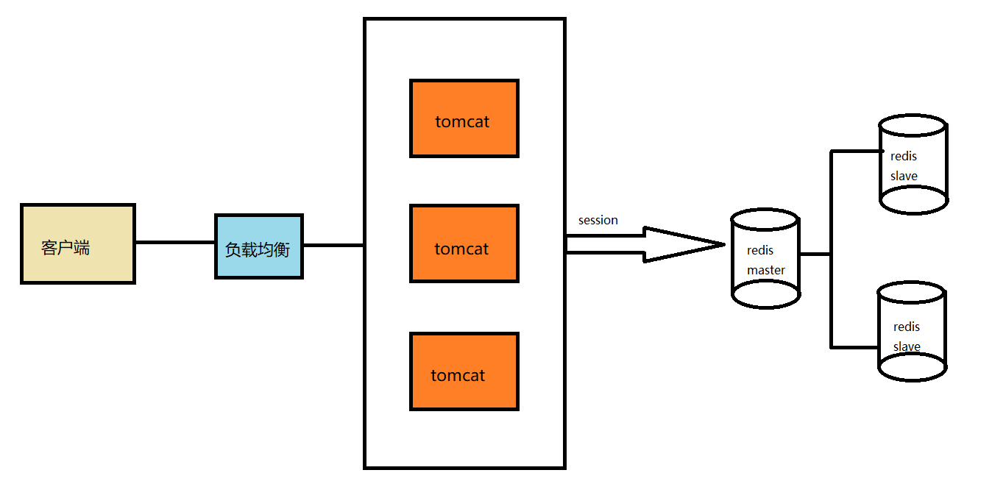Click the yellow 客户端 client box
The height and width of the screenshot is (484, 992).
[77, 243]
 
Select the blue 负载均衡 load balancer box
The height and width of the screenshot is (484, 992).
[258, 246]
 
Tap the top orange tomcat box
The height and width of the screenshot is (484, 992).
[464, 118]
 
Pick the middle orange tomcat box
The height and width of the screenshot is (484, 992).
[464, 243]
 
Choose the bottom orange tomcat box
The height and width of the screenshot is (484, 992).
[464, 371]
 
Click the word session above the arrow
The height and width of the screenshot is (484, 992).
[598, 220]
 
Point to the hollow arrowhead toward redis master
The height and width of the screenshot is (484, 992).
[684, 244]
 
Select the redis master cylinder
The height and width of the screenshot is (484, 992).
[765, 259]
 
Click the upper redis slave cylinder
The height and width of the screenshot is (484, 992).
[913, 166]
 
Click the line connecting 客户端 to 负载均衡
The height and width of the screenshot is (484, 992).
[174, 242]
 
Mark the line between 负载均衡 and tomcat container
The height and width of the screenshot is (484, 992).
[333, 245]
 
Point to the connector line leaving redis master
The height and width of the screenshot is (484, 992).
[815, 255]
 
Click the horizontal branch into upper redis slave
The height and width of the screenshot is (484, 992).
[855, 152]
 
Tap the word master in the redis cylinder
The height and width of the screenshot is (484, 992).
[765, 270]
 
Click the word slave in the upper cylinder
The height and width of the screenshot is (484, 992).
[904, 176]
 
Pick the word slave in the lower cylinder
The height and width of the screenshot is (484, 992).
[907, 346]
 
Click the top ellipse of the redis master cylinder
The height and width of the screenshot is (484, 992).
[765, 220]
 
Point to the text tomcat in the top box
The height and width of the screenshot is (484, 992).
[462, 121]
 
